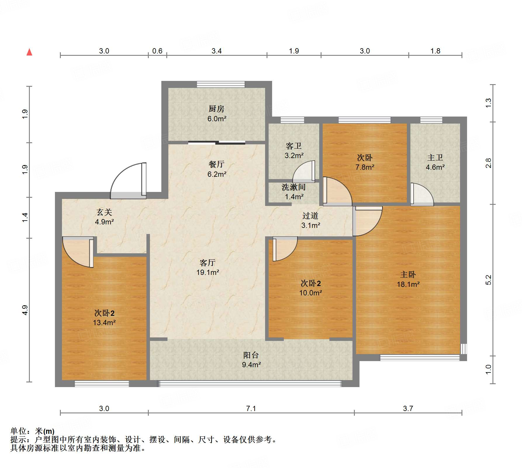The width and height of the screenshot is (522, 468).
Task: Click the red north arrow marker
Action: pyautogui.click(x=29, y=52)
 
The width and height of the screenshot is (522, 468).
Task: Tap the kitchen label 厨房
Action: pyautogui.click(x=217, y=109)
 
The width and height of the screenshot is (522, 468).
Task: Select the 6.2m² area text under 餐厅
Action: pyautogui.click(x=217, y=174)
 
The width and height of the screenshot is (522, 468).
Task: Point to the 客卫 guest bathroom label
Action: pyautogui.click(x=293, y=146)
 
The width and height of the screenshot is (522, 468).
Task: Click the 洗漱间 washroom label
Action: pyautogui.click(x=293, y=187)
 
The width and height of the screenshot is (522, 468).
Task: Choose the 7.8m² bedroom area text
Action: pyautogui.click(x=365, y=167)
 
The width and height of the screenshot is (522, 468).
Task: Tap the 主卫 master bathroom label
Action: pyautogui.click(x=435, y=158)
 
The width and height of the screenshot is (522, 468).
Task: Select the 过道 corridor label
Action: pyautogui.click(x=310, y=216)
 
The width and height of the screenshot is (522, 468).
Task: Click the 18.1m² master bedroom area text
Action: pyautogui.click(x=408, y=284)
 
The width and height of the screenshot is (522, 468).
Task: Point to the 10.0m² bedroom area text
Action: pyautogui.click(x=310, y=293)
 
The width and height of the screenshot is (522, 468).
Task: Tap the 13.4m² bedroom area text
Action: pyautogui.click(x=104, y=323)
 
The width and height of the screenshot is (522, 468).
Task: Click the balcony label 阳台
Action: pyautogui.click(x=251, y=355)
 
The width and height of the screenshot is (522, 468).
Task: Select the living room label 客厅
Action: pyautogui.click(x=208, y=263)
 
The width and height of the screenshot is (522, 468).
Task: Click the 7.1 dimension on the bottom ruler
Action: pyautogui.click(x=251, y=408)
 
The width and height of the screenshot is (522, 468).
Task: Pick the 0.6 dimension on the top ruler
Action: pyautogui.click(x=157, y=51)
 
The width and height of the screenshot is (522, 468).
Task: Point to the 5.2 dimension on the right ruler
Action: pyautogui.click(x=488, y=280)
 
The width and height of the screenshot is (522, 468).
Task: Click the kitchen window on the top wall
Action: pyautogui.click(x=221, y=84)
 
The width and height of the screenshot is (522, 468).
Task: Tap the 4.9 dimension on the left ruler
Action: pyautogui.click(x=25, y=310)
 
